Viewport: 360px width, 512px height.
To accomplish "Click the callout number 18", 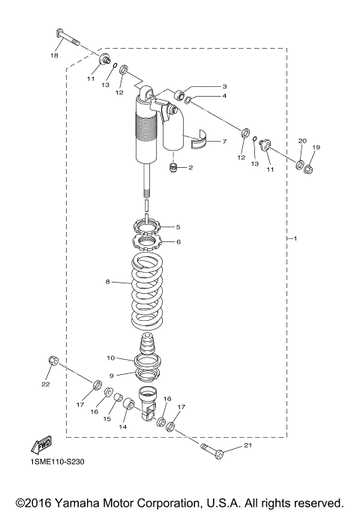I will [x=55, y=56].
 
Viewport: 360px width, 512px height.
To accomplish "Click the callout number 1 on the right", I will [x=295, y=239].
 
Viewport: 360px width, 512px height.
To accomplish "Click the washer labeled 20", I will [x=298, y=164].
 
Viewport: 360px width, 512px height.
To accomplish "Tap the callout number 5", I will [x=178, y=226].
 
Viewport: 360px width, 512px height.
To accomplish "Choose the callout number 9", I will [x=111, y=376].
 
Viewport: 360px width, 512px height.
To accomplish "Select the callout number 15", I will [x=106, y=419].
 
